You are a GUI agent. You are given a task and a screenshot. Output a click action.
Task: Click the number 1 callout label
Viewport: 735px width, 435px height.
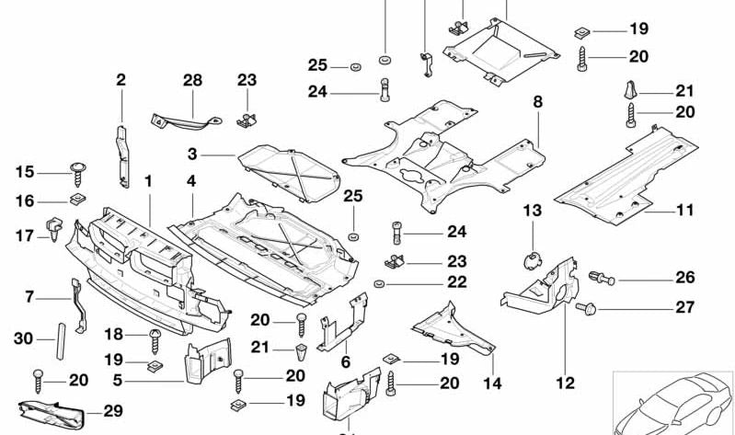(x=148, y=181)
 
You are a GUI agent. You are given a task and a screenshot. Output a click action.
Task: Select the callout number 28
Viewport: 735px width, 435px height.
(x=191, y=81)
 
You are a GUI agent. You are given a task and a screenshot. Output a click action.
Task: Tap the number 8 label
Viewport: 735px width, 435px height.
(x=537, y=101)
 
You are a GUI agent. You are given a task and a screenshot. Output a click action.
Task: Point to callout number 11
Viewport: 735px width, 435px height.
(x=684, y=210)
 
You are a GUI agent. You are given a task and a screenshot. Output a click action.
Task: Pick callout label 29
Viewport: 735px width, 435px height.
(x=112, y=411)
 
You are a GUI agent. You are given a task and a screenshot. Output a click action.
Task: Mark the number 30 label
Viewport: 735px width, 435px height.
(x=23, y=338)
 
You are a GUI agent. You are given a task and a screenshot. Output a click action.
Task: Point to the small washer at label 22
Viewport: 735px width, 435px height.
(x=379, y=284)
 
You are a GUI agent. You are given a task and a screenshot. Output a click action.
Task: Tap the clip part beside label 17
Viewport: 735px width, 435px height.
(x=54, y=226)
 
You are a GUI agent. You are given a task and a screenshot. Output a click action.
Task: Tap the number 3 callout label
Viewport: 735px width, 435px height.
(x=192, y=155)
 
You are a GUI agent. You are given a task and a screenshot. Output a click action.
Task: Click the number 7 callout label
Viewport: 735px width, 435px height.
(x=29, y=296)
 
